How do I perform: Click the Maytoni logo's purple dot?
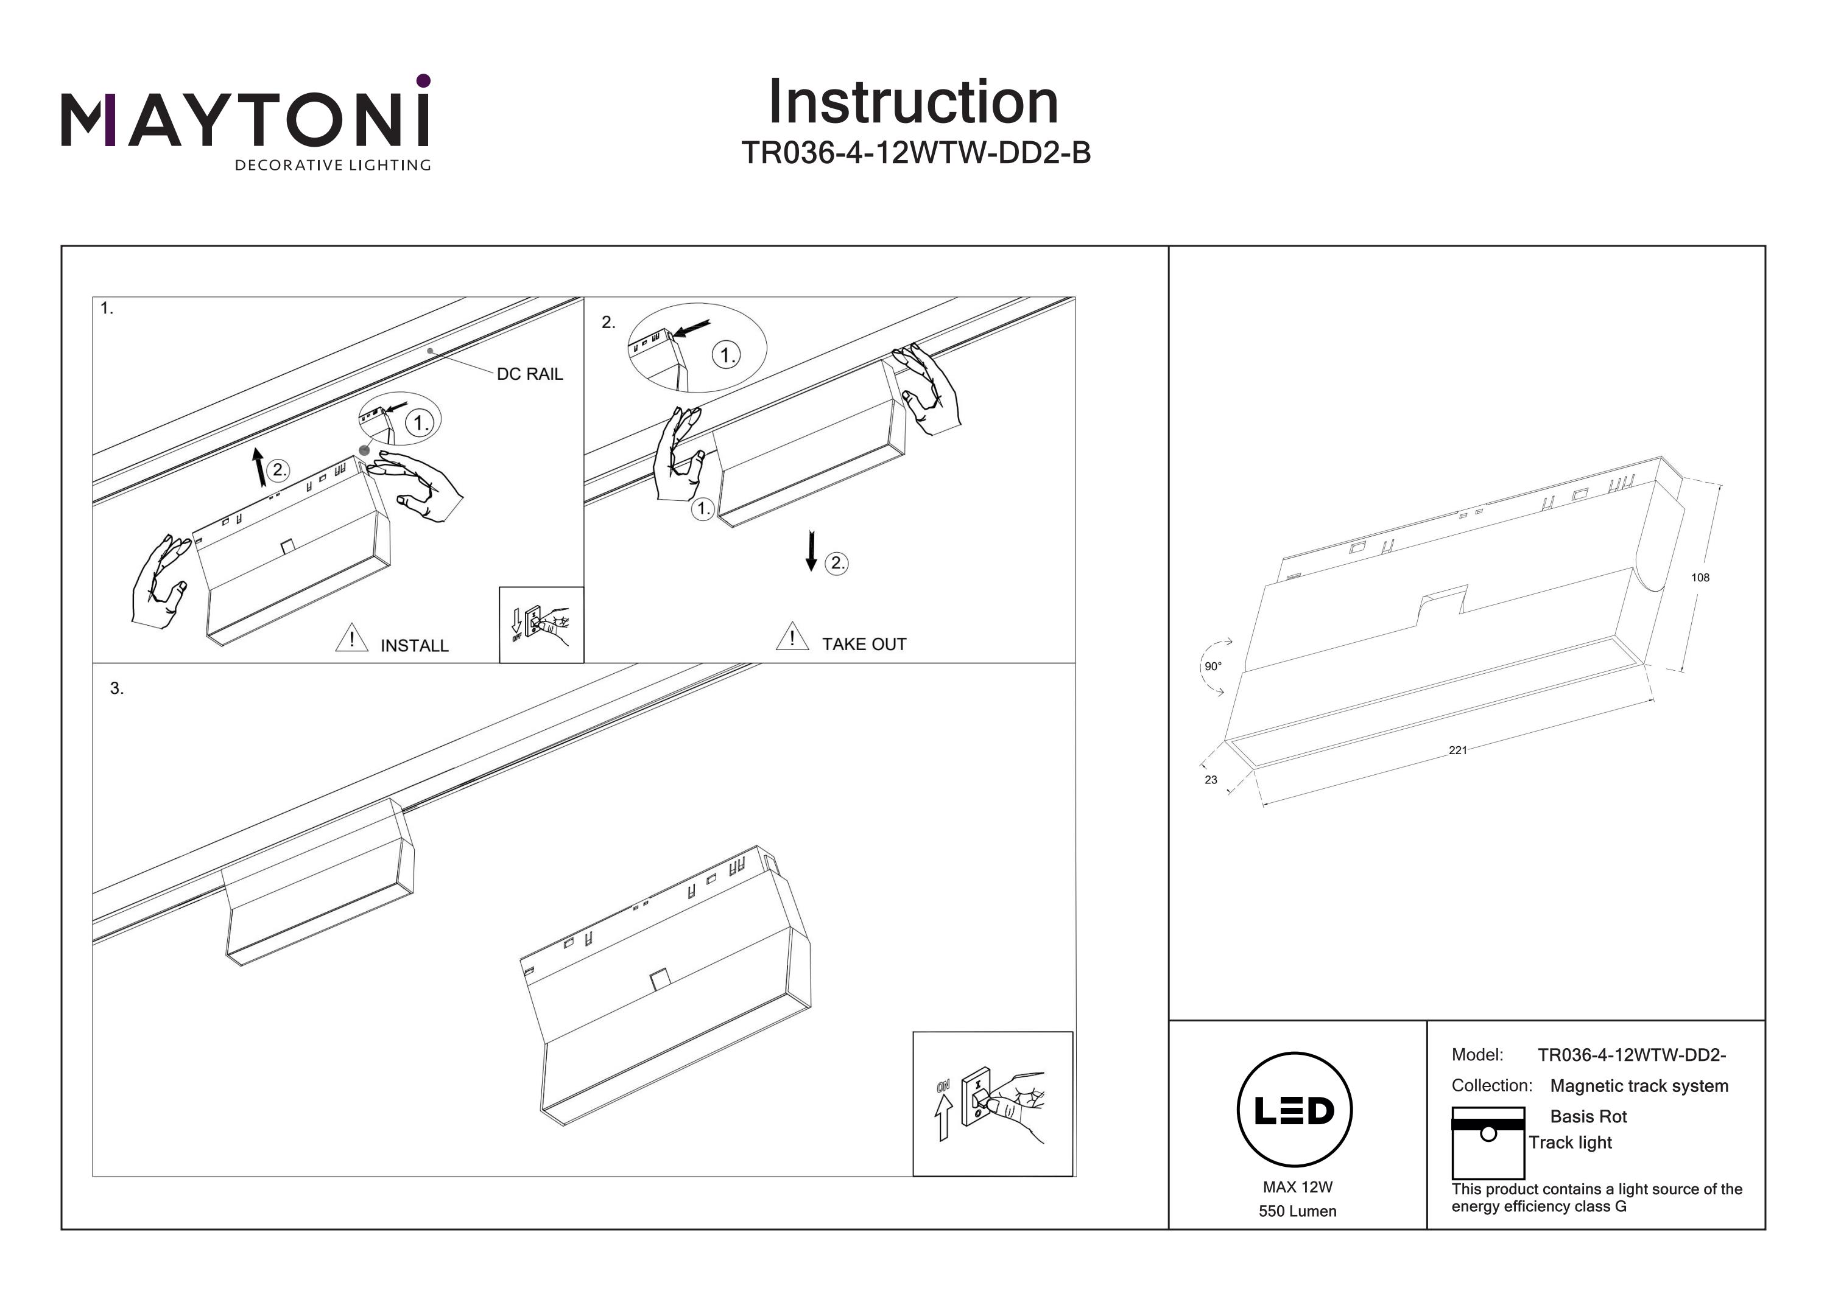click(x=423, y=80)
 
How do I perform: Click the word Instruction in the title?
click(x=913, y=103)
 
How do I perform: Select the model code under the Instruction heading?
click(x=915, y=153)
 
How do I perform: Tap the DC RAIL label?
click(x=529, y=374)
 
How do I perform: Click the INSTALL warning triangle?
click(x=351, y=639)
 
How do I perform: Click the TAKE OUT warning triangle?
click(x=792, y=637)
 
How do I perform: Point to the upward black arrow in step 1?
click(x=259, y=466)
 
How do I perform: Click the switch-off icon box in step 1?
click(x=541, y=625)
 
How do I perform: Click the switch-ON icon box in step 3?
click(x=992, y=1104)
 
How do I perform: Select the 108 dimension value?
click(x=1700, y=578)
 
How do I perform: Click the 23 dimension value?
click(x=1210, y=780)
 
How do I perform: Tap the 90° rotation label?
click(x=1213, y=666)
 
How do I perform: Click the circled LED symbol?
click(x=1295, y=1110)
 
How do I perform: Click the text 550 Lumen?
click(x=1297, y=1211)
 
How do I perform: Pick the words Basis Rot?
click(x=1588, y=1117)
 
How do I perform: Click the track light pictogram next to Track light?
click(x=1487, y=1143)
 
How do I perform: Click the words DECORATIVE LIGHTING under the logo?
click(x=333, y=166)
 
